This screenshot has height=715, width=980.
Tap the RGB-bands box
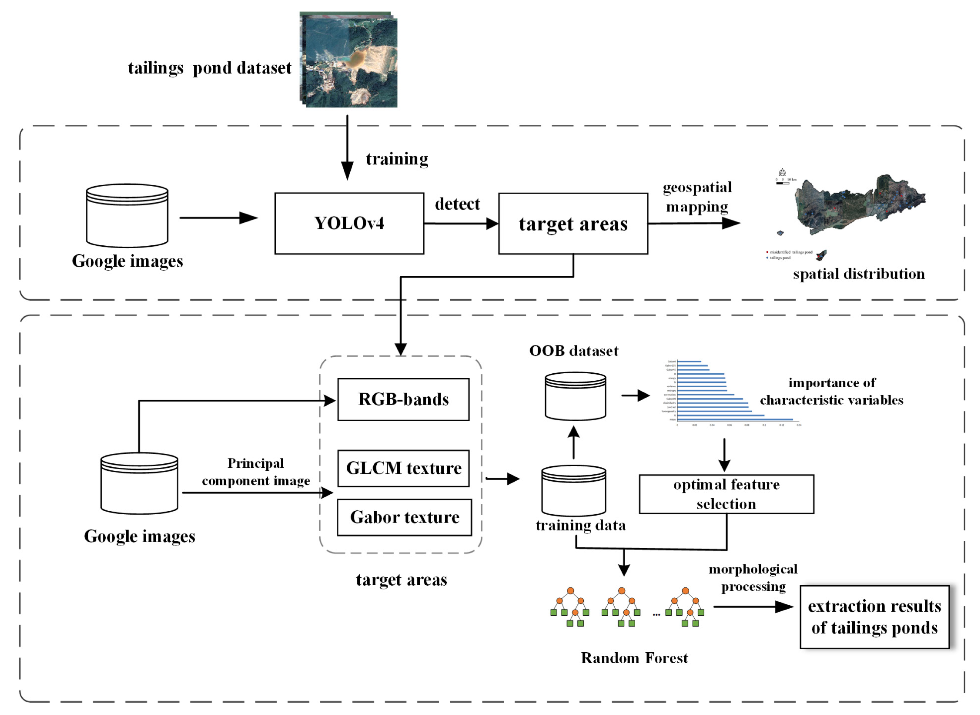[403, 399]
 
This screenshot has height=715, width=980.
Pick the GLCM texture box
[403, 468]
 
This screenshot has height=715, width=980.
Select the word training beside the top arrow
[397, 159]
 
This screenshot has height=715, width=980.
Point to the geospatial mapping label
[697, 197]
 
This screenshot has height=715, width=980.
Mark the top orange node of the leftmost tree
[570, 591]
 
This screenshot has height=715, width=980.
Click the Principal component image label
[256, 472]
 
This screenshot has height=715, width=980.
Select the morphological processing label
[753, 578]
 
